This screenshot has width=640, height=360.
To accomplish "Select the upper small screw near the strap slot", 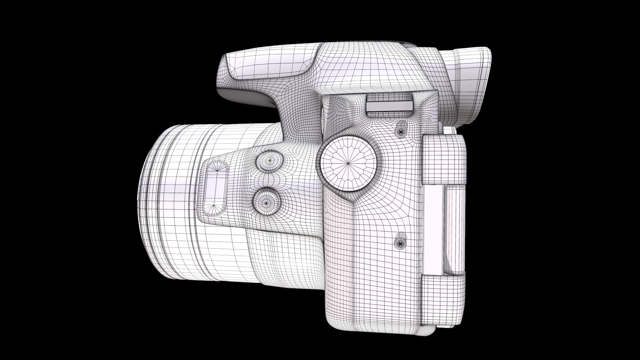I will click(x=401, y=132).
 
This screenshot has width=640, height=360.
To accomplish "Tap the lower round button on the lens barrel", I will click(x=266, y=201).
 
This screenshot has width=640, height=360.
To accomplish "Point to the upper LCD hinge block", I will click(x=444, y=159).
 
